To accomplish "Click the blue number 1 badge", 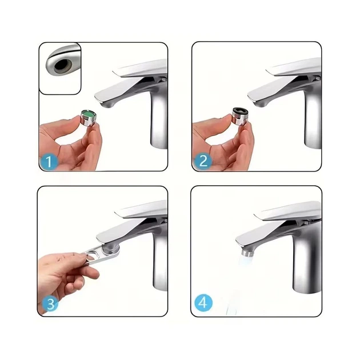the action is [49, 162].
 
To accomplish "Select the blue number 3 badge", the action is [50, 304].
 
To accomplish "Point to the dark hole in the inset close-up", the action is [61, 65].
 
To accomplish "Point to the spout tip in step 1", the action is [107, 104].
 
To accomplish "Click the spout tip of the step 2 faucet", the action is [261, 103].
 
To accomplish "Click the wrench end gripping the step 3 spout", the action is [111, 250].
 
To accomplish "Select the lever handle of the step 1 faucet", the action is [140, 70].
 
